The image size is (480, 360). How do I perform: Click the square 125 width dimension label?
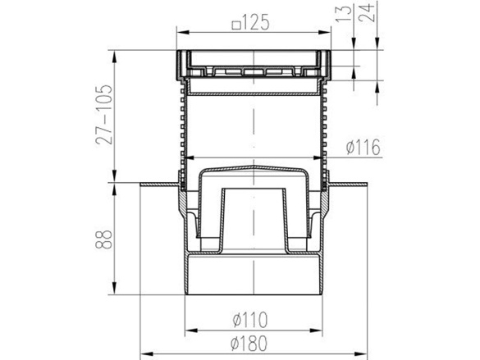click(251, 23)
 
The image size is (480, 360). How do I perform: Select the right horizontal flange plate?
click(348, 185)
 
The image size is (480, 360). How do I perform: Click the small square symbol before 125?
click(235, 25)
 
